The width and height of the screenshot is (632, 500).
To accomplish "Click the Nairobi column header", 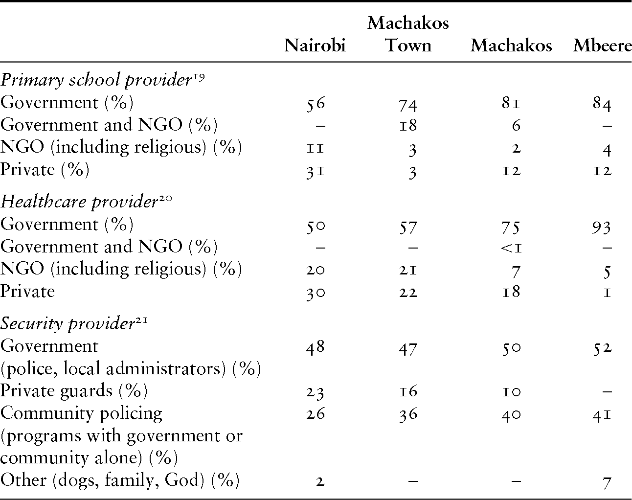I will point(315,45).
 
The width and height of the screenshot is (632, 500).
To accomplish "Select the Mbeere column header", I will point(602,45).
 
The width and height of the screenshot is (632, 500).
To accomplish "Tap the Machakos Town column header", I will point(408,34).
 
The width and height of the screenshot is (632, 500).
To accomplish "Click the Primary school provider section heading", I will point(95,80).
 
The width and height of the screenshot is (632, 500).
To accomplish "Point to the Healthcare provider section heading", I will point(78,202).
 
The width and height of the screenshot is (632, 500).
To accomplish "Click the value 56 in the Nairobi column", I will point(315,103).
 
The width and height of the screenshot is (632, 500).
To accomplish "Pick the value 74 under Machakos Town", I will point(408,104).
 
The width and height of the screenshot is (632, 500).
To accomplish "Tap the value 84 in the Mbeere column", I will point(602,104).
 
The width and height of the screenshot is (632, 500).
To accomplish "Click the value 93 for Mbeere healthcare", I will point(602,226).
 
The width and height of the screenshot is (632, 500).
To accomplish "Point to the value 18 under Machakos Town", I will point(408,126).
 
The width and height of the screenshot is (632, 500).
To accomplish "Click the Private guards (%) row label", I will point(74,391).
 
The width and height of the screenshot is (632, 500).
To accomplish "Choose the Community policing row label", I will point(81,413).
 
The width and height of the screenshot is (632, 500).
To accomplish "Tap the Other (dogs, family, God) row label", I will point(120,480).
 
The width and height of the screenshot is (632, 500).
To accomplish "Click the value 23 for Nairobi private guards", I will point(315,392).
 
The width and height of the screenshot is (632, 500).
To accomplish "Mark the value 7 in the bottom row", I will point(607,482).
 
